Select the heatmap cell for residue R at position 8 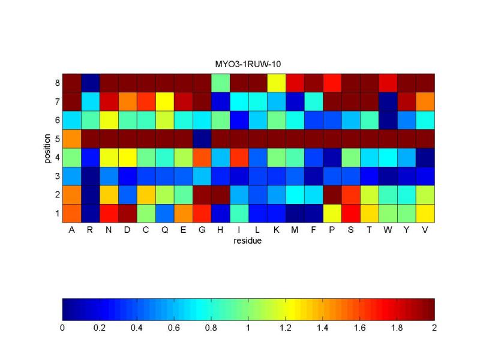(90, 83)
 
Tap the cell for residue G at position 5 (202, 139)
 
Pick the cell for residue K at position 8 (276, 83)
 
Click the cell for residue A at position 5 (71, 139)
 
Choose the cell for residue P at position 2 (332, 194)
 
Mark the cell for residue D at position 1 (127, 213)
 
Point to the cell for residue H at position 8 (220, 83)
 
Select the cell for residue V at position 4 (425, 157)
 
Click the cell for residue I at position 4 (239, 157)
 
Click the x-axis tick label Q (164, 230)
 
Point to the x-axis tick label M (295, 230)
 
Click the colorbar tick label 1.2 (286, 328)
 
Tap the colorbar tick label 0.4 (137, 328)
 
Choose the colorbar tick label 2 (434, 328)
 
